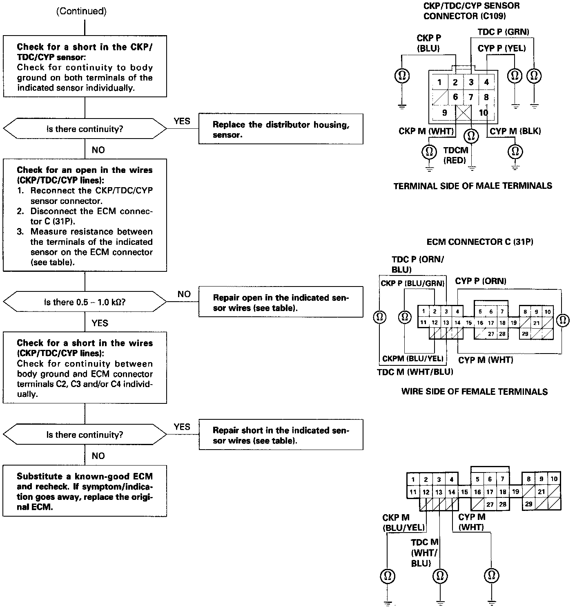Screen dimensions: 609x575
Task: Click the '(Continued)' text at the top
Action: [x=81, y=11]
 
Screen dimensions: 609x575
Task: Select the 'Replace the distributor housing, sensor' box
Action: [x=281, y=129]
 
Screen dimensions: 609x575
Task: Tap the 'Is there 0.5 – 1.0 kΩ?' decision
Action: [x=85, y=302]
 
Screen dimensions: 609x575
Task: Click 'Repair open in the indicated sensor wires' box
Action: [x=281, y=302]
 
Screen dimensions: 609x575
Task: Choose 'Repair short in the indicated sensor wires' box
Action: [x=281, y=435]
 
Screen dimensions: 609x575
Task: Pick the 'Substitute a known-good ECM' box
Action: [x=85, y=491]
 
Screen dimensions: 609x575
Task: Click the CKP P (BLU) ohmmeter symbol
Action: [x=402, y=76]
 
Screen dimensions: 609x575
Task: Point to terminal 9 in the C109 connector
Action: [x=444, y=113]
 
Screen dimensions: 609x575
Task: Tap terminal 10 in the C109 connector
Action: [x=484, y=113]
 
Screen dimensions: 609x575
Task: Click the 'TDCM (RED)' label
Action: [x=455, y=155]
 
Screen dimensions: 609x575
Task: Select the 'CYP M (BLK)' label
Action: [x=515, y=131]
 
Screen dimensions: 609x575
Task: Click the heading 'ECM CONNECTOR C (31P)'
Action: [x=479, y=242]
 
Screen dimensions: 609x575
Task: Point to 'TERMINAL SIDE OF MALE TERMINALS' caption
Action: [x=472, y=186]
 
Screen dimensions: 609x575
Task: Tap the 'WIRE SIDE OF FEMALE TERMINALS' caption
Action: [x=474, y=392]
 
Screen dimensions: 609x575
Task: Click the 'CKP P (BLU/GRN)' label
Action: [x=412, y=283]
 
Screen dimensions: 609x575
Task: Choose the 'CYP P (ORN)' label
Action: [x=481, y=281]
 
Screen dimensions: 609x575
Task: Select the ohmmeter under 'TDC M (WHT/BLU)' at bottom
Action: [x=440, y=576]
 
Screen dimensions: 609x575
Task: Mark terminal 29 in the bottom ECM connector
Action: [x=528, y=504]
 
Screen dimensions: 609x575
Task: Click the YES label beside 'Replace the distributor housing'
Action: [x=182, y=121]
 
